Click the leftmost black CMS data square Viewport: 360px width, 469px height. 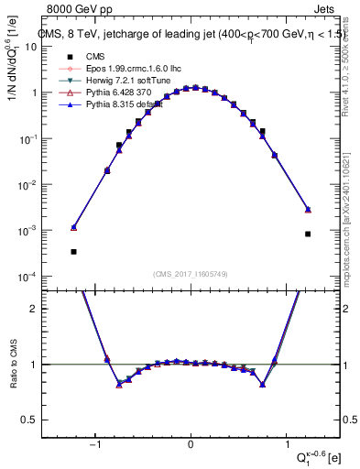[x=73, y=251]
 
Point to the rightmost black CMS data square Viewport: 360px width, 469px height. [x=309, y=234]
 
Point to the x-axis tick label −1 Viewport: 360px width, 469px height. [x=97, y=445]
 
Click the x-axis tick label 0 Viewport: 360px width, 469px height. [x=191, y=445]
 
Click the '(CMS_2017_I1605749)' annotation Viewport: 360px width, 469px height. [x=191, y=273]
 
